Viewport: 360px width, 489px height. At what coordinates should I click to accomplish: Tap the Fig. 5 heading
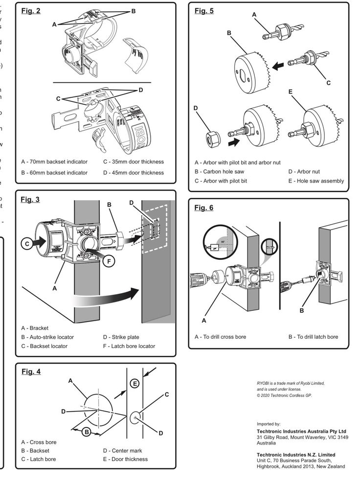tap(204, 11)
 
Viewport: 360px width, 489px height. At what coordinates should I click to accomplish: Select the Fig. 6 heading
tap(204, 208)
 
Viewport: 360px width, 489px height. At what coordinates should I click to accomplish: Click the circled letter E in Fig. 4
tap(135, 383)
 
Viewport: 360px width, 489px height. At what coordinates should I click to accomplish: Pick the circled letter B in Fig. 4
tap(86, 431)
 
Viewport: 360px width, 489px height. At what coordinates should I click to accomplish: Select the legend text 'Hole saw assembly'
tap(319, 181)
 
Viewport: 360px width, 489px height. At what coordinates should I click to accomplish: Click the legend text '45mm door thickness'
tap(137, 172)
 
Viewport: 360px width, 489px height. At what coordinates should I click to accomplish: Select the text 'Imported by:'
tap(269, 424)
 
